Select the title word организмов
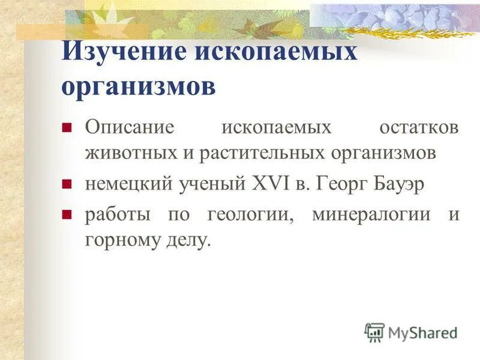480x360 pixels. (138, 86)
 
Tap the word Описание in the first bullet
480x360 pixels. (129, 128)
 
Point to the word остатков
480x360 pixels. (419, 128)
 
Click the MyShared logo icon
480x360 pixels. (374, 332)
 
